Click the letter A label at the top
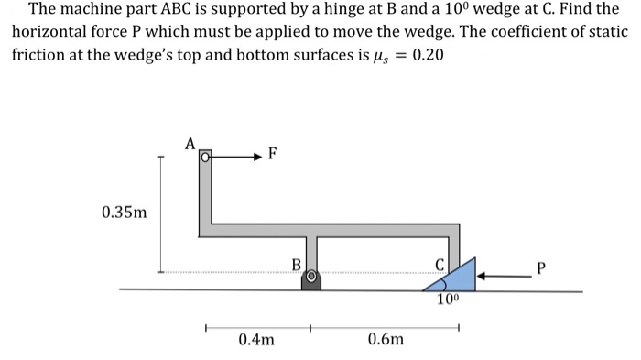click(190, 143)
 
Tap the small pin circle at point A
click(206, 157)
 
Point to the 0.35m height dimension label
click(124, 213)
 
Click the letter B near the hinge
click(295, 265)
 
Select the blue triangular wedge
click(457, 276)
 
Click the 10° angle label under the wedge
click(447, 300)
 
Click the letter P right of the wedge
click(541, 269)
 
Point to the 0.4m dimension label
click(255, 340)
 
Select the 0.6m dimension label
click(386, 340)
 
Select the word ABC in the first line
click(185, 11)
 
